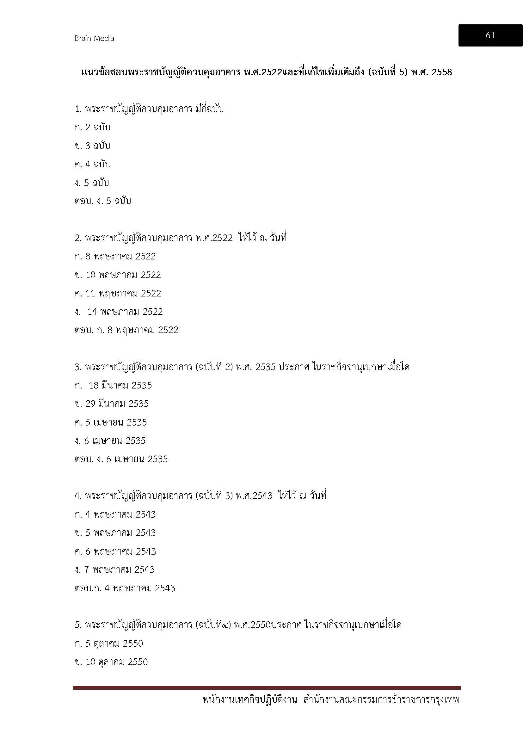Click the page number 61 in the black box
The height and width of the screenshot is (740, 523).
[490, 35]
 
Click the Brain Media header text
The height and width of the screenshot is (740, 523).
[94, 38]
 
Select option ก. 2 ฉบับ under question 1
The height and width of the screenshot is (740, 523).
[92, 127]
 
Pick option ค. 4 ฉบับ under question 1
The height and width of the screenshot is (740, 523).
[92, 165]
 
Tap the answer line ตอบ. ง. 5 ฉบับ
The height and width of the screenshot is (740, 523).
[103, 201]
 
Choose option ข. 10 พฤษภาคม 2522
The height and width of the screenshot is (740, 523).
[118, 275]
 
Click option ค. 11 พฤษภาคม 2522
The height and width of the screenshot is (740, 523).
[118, 293]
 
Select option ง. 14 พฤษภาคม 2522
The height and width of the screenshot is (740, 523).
[119, 312]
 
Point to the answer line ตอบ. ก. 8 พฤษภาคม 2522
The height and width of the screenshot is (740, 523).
[126, 330]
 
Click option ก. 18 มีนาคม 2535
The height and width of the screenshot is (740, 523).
[113, 385]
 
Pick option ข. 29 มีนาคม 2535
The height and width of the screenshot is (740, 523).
[111, 404]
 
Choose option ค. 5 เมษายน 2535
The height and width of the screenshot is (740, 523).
[110, 422]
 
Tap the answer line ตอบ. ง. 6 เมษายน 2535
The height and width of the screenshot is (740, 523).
[121, 459]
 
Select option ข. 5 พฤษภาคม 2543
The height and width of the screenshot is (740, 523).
[115, 533]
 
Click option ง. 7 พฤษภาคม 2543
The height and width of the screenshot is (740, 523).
[114, 569]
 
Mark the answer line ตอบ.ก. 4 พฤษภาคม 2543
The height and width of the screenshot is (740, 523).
[125, 588]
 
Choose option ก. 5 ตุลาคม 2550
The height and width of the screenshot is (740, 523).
[109, 643]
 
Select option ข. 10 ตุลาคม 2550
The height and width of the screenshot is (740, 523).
[111, 662]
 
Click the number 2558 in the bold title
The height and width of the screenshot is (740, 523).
[441, 72]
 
